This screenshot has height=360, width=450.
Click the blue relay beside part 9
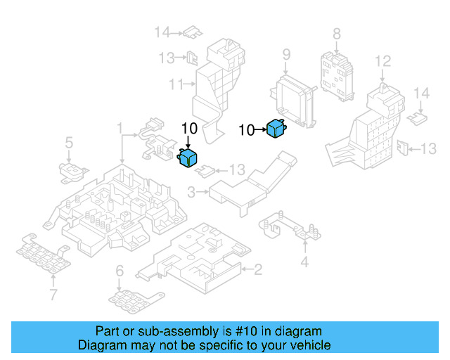(x=276, y=129)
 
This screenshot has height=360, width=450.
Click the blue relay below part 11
(x=188, y=157)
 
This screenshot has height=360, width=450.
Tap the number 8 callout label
(x=337, y=34)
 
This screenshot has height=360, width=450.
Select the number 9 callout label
(x=286, y=55)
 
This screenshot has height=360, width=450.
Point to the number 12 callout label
(x=382, y=61)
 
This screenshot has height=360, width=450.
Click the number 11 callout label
(x=176, y=84)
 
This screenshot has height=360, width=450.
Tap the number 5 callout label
(x=69, y=143)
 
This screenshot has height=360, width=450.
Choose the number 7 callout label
(x=53, y=295)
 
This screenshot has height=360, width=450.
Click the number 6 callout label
(x=120, y=271)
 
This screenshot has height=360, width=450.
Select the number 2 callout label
(x=258, y=269)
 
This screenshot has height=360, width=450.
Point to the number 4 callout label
(x=304, y=262)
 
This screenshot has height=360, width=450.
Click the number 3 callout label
(x=191, y=192)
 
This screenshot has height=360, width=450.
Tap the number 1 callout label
(x=120, y=128)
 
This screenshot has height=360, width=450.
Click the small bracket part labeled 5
(x=73, y=172)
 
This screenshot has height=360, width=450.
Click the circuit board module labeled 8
(x=337, y=76)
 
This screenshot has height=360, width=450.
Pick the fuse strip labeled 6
(x=136, y=301)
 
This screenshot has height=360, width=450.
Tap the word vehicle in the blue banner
(x=312, y=345)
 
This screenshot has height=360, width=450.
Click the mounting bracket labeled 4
(x=290, y=227)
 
